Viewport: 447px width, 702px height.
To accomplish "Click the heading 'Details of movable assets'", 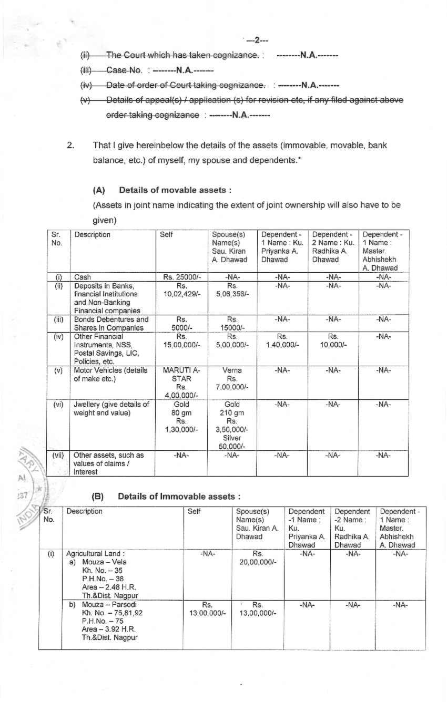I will tap(175, 190).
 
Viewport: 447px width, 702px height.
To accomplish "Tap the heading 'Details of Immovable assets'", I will tap(179, 496).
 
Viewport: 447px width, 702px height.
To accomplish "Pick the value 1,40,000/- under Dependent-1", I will tap(282, 345).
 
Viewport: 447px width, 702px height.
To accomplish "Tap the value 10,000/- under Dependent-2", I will tap(332, 345).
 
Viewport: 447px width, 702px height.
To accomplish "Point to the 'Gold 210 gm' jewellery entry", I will tap(232, 408).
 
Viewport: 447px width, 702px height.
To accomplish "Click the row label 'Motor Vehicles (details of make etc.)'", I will tap(110, 374).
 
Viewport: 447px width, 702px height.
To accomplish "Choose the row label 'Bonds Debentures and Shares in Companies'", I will tap(111, 323).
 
